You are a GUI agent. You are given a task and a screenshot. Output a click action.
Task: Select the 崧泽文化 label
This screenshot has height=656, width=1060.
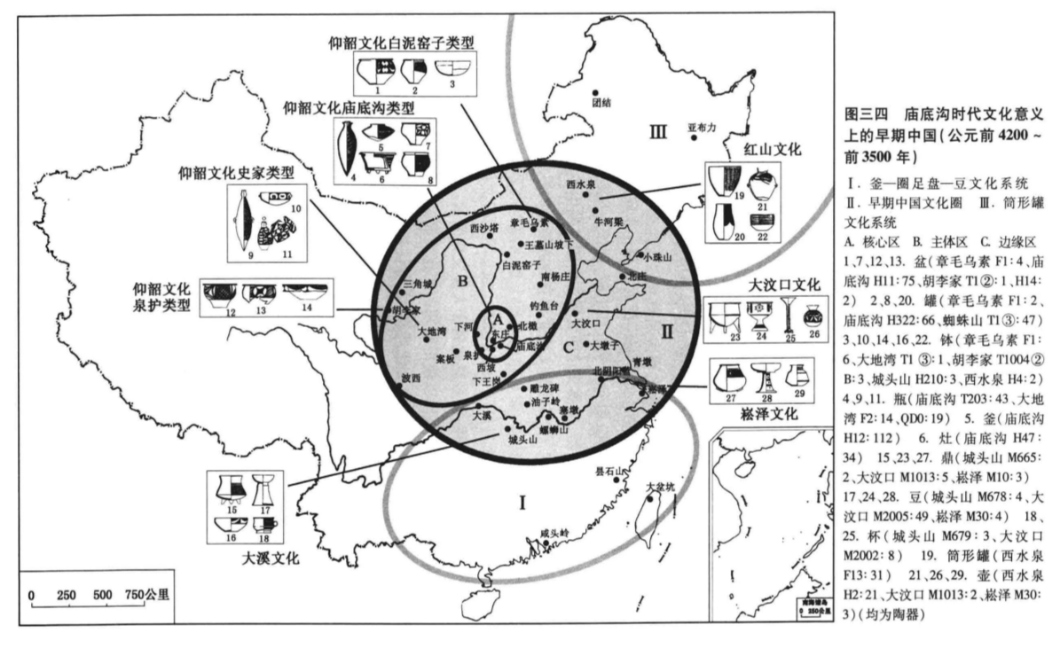pyautogui.click(x=764, y=413)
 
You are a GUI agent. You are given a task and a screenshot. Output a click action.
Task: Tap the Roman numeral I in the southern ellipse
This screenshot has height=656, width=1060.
pyautogui.click(x=523, y=504)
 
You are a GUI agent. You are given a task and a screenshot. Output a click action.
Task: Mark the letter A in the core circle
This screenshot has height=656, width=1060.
pyautogui.click(x=498, y=317)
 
